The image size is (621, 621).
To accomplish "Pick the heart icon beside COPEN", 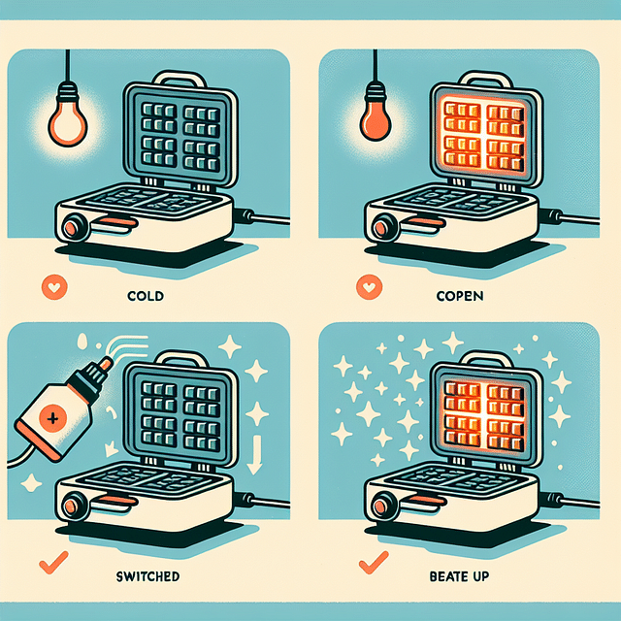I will pos(367,287).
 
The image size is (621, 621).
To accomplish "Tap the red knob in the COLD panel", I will pos(73,229).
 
